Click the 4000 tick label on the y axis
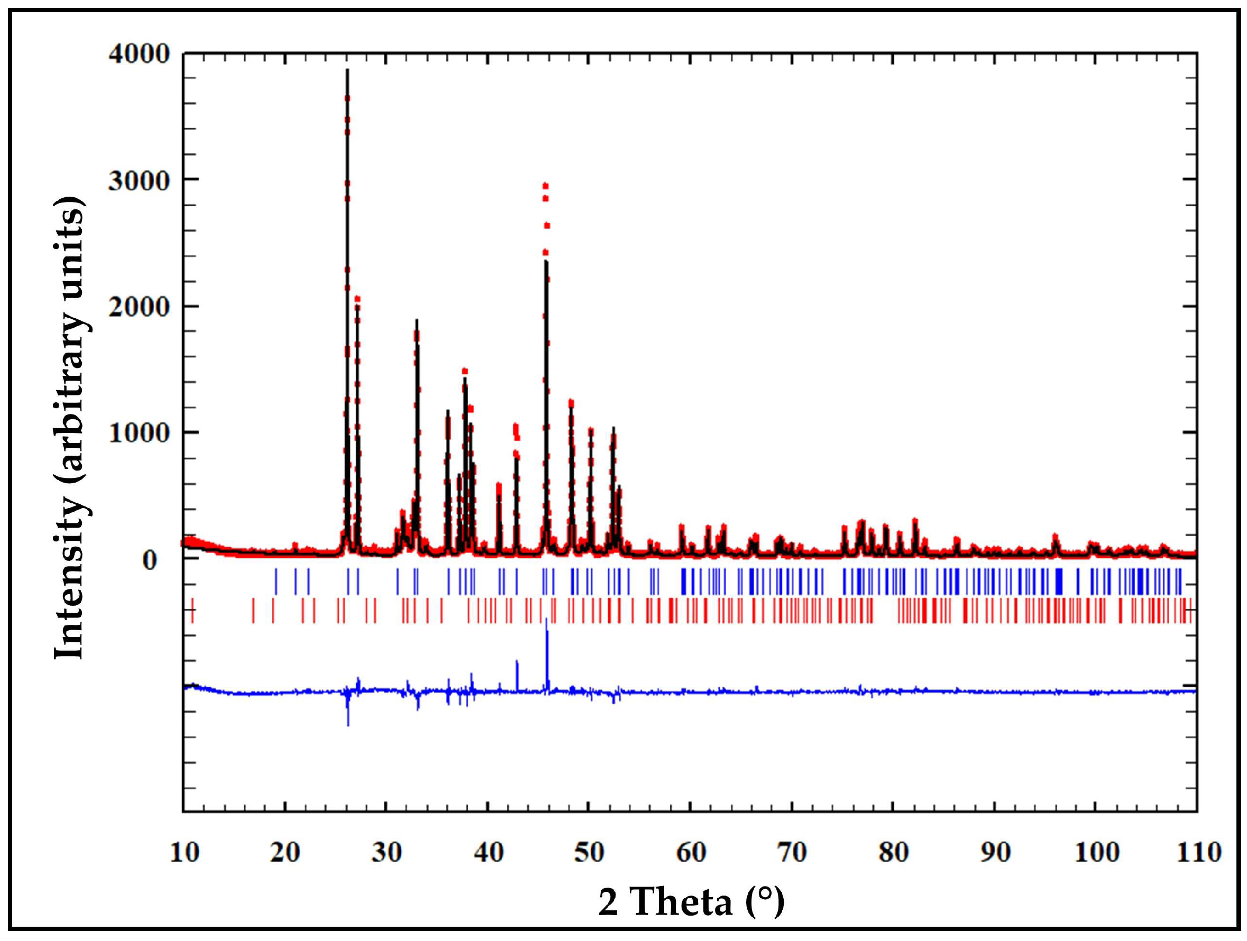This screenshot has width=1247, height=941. [x=139, y=54]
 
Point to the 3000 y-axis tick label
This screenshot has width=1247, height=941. [x=139, y=181]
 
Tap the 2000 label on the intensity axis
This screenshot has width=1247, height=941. [x=139, y=308]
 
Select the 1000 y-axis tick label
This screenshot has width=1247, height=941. [x=139, y=433]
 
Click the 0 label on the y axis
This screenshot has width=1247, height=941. [x=149, y=560]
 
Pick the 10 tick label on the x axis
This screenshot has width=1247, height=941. [x=185, y=852]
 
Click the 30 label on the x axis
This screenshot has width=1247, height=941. [x=387, y=852]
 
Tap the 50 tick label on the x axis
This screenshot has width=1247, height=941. [x=589, y=852]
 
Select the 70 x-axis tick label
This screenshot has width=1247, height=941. [x=792, y=852]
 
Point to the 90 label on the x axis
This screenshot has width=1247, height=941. [x=995, y=852]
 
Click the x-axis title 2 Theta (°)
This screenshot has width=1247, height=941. [x=691, y=901]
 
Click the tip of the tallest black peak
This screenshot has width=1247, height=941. [x=347, y=70]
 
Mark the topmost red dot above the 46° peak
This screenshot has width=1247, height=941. [x=545, y=186]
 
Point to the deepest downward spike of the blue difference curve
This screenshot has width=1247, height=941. [x=349, y=725]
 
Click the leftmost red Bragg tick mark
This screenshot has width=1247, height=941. [x=193, y=611]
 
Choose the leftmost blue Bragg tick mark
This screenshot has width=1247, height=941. [x=276, y=582]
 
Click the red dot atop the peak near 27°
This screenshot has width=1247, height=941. [x=357, y=299]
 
